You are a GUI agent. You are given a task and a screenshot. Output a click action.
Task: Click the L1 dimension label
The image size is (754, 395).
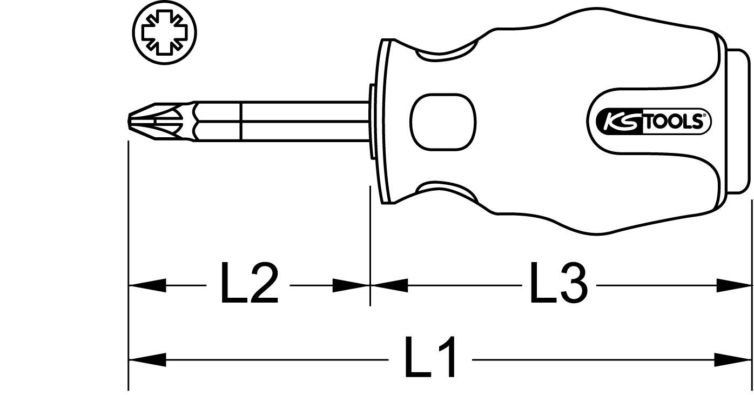coord(430,358)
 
